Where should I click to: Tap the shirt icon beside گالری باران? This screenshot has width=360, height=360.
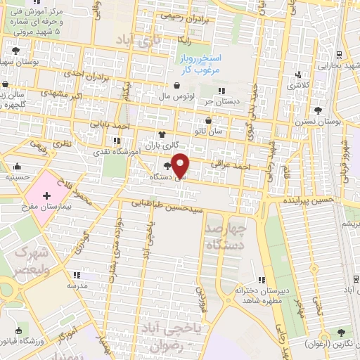click(162, 135)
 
